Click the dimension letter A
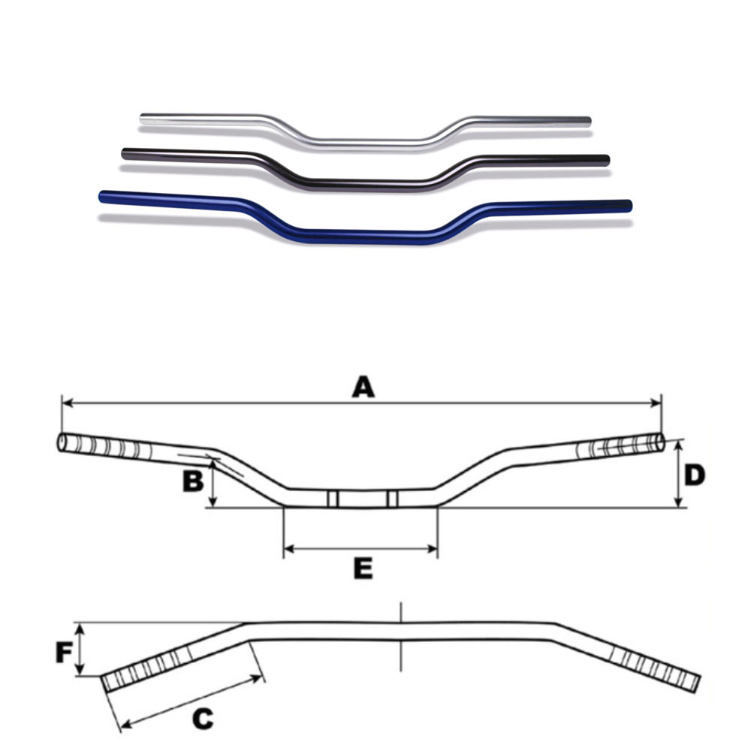point(363,387)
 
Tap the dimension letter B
point(193,481)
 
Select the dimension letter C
point(203,719)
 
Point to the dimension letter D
point(695,475)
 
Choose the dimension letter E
point(363,569)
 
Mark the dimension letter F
point(64,653)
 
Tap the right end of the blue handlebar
point(629,206)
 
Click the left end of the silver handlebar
point(142,118)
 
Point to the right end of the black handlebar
point(607,160)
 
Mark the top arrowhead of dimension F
point(81,628)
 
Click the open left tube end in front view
point(62,442)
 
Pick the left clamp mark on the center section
point(333,499)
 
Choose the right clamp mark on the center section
point(392,499)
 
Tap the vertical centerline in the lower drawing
point(401,637)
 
